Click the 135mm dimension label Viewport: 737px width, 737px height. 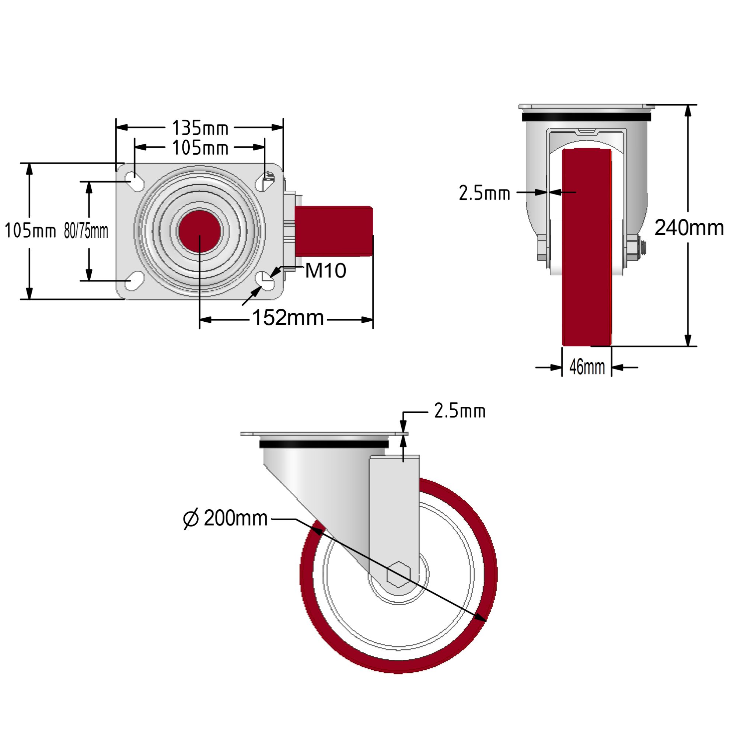pos(200,128)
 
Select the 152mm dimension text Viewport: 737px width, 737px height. pos(288,318)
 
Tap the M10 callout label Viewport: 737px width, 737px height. pos(325,271)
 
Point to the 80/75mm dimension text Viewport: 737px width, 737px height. pos(86,231)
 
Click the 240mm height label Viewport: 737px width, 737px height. pos(689,228)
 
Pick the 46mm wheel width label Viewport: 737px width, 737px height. pos(587,367)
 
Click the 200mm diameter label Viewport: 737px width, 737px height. pos(235,518)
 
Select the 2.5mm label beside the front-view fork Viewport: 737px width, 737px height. pos(484,193)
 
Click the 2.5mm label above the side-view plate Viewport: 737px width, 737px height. pos(460,411)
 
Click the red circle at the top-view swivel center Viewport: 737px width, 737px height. pos(199,231)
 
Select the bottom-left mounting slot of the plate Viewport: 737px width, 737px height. pos(134,282)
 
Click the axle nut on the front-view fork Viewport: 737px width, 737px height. pos(633,248)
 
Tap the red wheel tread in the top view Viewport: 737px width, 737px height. pos(333,231)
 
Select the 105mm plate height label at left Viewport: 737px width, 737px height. pos(30,231)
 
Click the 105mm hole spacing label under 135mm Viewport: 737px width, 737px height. pos(200,148)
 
